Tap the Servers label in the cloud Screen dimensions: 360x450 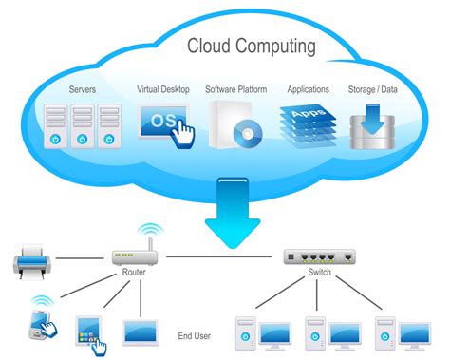(x=83, y=90)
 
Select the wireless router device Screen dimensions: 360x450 (x=132, y=256)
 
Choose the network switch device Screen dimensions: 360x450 (x=319, y=256)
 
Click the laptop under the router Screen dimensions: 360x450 (x=141, y=332)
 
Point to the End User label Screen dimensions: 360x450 (x=194, y=335)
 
